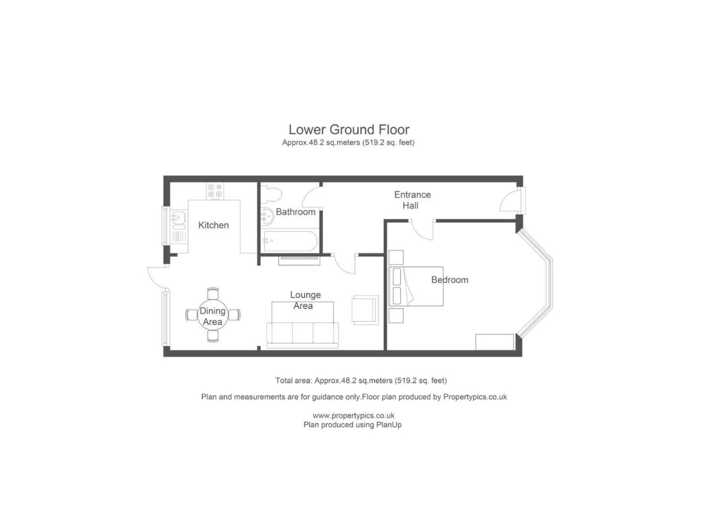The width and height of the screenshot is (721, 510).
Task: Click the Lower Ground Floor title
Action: [x=349, y=130]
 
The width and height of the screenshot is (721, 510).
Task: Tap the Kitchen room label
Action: [x=214, y=225]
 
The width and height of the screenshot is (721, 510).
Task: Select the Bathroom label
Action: [x=296, y=212]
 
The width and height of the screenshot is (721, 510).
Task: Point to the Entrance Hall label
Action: [x=412, y=200]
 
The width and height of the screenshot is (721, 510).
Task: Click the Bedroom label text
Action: [x=449, y=280]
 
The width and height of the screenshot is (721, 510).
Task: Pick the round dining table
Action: [x=213, y=315]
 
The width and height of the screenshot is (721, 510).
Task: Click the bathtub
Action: [x=290, y=241]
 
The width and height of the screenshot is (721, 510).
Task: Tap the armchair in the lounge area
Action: [x=365, y=310]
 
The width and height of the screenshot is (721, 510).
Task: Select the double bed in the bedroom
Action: [x=416, y=286]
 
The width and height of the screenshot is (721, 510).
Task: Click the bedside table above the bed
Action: [x=396, y=257]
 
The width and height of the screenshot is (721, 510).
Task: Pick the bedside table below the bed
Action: [x=396, y=316]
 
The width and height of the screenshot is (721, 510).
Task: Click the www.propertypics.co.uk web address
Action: [x=353, y=415]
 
